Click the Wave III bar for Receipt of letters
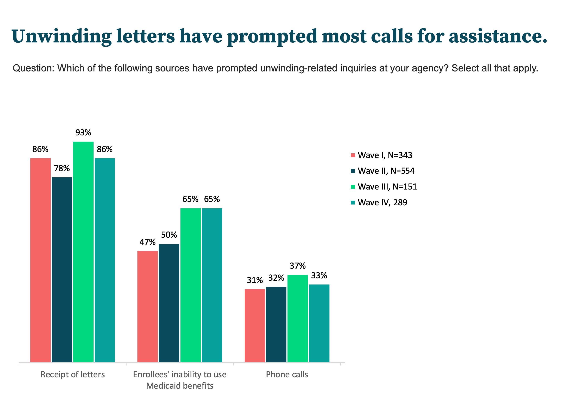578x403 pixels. pos(83,252)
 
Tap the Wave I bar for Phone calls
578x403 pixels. pos(255,326)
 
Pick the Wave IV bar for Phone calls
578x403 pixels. pos(319,323)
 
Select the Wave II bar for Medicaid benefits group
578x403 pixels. pos(169,303)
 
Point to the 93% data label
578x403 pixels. pos(83,132)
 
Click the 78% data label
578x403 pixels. pos(62,168)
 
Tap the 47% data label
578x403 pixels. pos(147,242)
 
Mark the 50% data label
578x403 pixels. pos(169,235)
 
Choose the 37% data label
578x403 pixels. pos(298,266)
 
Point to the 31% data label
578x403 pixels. pos(255,280)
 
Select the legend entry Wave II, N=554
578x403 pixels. pos(386,171)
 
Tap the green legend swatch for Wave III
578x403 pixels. pos(353,187)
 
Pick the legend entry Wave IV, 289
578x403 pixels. pos(382,202)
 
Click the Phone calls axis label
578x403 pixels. pos(287,374)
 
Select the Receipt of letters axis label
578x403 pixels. pos(73,374)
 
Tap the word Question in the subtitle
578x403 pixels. pos(33,68)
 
